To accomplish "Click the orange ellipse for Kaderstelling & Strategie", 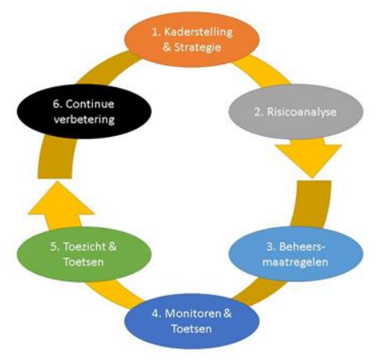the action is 192,40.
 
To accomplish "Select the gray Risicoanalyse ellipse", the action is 296,112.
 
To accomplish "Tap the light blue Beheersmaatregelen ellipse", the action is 296,254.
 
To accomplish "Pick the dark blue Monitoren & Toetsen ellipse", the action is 192,321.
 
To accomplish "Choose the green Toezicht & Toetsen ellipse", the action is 84,254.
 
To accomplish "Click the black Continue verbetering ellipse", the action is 84,112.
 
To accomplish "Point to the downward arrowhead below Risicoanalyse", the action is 308,159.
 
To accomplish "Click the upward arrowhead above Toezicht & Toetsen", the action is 62,200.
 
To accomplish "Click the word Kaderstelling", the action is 198,32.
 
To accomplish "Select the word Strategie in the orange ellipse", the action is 197,48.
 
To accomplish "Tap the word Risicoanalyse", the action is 302,112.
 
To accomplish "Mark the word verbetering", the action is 84,120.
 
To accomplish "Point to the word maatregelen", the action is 295,262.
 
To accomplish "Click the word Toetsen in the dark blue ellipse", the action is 192,329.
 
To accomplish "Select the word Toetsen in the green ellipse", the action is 83,262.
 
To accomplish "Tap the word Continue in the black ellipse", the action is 90,104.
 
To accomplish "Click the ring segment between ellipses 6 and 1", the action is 107,69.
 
